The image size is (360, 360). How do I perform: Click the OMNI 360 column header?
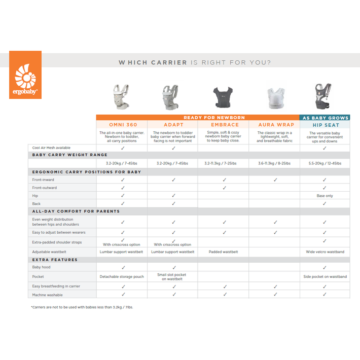tap(122, 124)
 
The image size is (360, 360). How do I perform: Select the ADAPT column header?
tap(173, 124)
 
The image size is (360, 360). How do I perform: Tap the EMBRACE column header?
tap(224, 124)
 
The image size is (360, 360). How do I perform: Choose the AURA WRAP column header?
tap(274, 124)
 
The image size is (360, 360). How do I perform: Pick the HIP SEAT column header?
tap(325, 124)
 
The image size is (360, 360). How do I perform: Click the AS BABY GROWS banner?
tap(325, 118)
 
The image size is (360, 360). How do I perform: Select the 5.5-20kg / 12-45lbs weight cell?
tap(325, 164)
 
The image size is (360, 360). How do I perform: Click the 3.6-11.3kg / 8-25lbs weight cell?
tap(274, 164)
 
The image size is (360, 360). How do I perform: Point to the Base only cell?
tap(325, 196)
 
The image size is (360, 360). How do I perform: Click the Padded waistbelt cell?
tap(224, 251)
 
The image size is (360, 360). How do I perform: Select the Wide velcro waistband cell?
tap(325, 251)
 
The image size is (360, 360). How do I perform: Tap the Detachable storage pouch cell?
tap(122, 276)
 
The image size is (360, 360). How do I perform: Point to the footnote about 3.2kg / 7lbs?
tap(81, 307)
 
